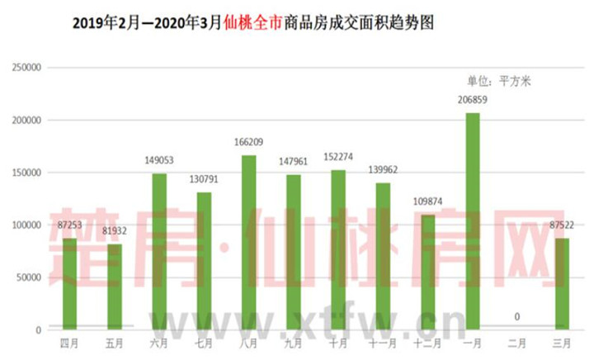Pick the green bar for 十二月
point(427,272)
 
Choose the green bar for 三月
point(561,284)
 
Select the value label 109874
point(427,201)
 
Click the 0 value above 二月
point(516,317)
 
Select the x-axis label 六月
point(159,342)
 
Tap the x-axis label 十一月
point(382,342)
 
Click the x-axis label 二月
point(516,342)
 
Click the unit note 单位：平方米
point(500,81)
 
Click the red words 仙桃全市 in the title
point(252,24)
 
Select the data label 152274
point(337,157)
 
